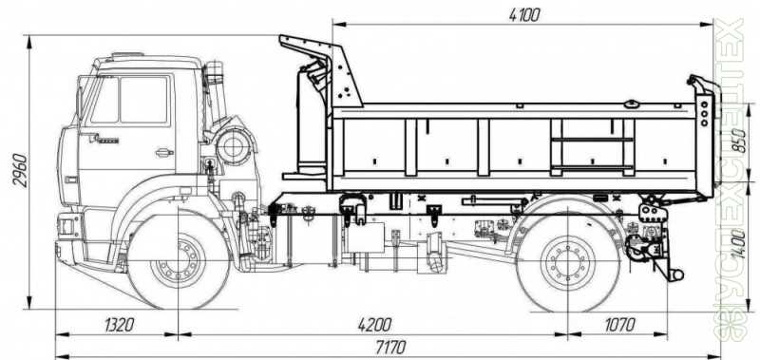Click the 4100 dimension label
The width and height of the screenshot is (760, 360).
point(524,15)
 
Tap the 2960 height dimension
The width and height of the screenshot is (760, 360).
point(20,170)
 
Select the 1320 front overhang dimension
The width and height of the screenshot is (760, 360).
point(119,325)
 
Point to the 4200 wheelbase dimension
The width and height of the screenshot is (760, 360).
point(374,325)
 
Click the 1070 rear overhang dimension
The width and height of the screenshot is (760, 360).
point(619,325)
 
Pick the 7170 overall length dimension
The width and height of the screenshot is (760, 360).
point(391,348)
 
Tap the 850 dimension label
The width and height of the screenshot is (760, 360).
point(739,141)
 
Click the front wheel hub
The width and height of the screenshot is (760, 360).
point(179,260)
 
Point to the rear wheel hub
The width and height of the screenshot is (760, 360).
point(568,262)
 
